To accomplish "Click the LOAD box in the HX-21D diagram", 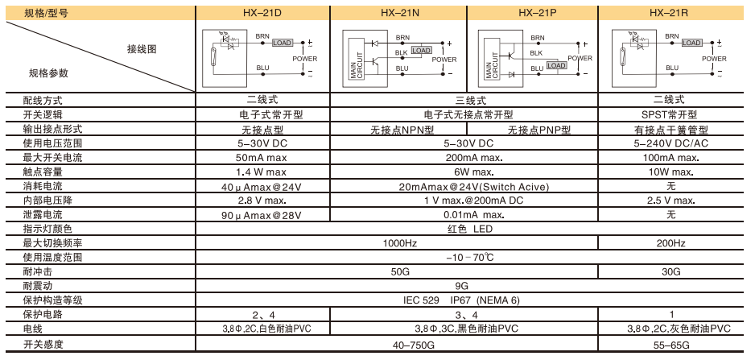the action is tap(283, 43).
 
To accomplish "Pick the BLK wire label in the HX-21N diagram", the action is tap(402, 52).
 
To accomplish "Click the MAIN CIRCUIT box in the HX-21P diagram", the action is tap(492, 65).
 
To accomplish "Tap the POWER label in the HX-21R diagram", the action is tap(714, 59).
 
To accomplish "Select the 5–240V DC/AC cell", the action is tap(670, 143).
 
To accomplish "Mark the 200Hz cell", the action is tap(670, 243).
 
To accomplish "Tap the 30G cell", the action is tap(670, 271).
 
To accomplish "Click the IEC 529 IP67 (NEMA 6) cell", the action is tap(461, 300).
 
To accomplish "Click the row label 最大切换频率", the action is tap(52, 243).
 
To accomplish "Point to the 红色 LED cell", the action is tap(470, 229).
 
